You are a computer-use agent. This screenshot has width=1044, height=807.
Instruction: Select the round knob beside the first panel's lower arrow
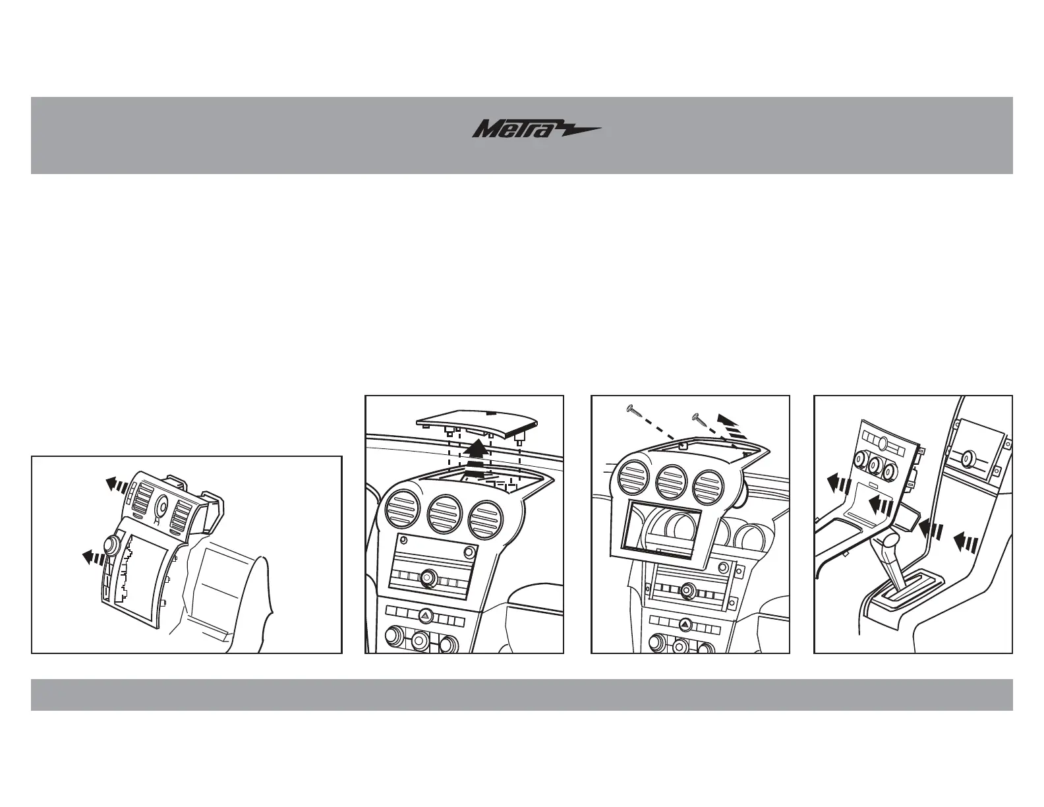click(x=111, y=545)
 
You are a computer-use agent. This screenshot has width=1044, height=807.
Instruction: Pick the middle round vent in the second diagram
click(x=446, y=514)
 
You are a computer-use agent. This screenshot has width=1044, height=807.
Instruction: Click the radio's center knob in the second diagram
click(x=430, y=578)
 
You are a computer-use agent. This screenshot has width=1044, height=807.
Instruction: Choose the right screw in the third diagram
click(x=701, y=418)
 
